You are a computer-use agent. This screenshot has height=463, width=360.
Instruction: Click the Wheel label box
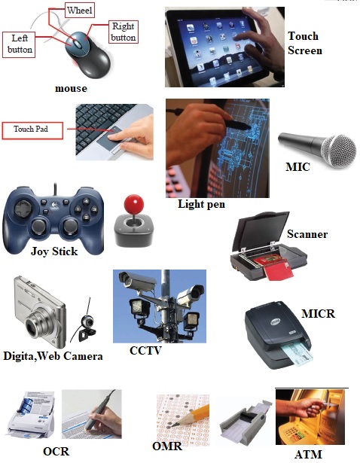[79, 11]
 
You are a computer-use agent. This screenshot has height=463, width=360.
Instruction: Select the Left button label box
[19, 44]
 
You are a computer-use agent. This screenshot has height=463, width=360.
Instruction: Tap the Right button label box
[124, 32]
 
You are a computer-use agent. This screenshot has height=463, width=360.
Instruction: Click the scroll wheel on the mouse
[78, 44]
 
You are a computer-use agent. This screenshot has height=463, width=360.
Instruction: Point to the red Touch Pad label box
[32, 130]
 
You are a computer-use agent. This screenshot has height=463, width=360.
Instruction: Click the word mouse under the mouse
[72, 89]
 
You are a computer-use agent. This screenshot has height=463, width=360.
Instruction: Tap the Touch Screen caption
[305, 44]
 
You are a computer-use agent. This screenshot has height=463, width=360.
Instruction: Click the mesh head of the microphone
[339, 151]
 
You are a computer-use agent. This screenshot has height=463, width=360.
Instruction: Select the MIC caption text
[297, 167]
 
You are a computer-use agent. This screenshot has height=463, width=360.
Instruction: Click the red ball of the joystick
[134, 203]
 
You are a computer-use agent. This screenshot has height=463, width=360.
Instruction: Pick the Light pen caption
[201, 204]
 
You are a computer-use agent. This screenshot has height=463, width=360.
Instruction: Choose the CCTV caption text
[145, 351]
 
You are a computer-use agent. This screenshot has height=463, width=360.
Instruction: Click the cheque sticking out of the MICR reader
[297, 354]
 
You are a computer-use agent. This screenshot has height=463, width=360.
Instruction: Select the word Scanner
[307, 234]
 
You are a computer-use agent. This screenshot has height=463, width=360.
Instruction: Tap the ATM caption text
[308, 455]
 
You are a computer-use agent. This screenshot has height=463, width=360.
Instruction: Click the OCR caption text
[56, 452]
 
